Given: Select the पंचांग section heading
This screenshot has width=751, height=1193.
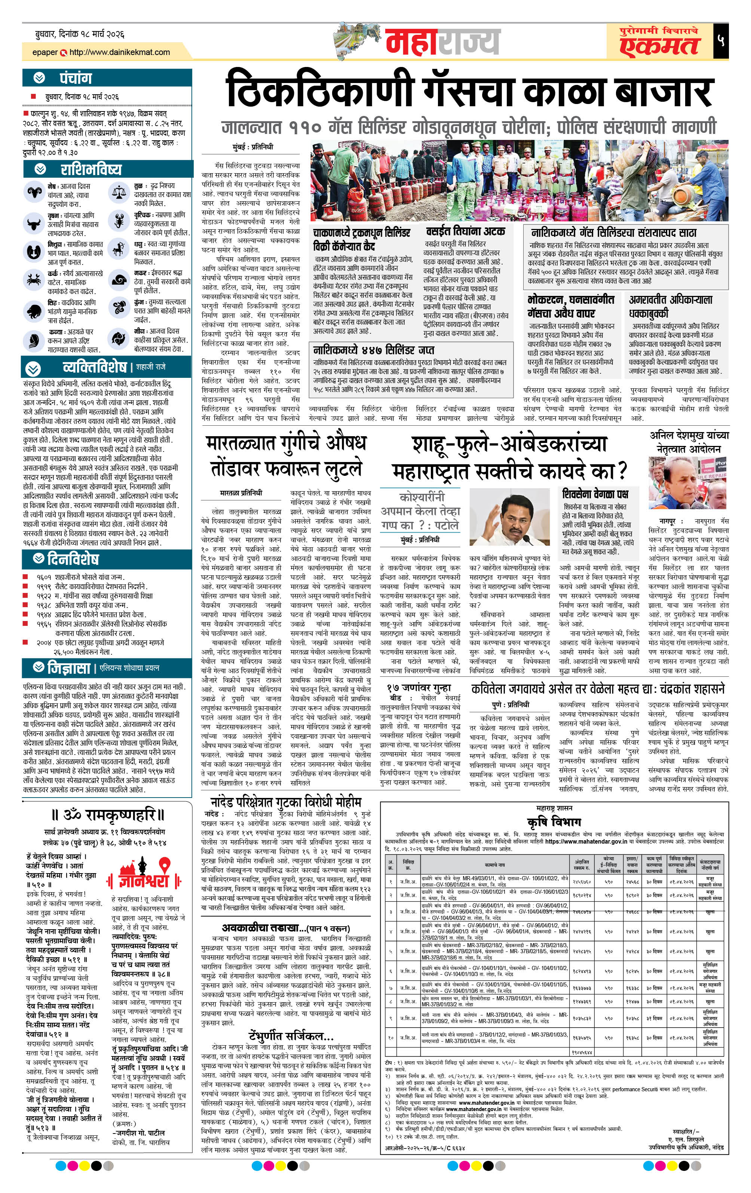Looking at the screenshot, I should tap(76, 78).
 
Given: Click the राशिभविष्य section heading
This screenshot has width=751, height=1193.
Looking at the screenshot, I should tap(91, 169).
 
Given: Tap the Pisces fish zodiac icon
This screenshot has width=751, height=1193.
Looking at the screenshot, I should tap(119, 339).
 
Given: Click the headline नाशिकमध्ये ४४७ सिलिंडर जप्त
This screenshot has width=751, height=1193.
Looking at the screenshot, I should tap(374, 350).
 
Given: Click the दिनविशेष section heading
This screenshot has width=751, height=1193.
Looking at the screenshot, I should tap(73, 559).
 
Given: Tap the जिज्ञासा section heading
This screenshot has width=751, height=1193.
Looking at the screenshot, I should tap(69, 668).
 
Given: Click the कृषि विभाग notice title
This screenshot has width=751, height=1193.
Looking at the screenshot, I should tap(554, 822).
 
